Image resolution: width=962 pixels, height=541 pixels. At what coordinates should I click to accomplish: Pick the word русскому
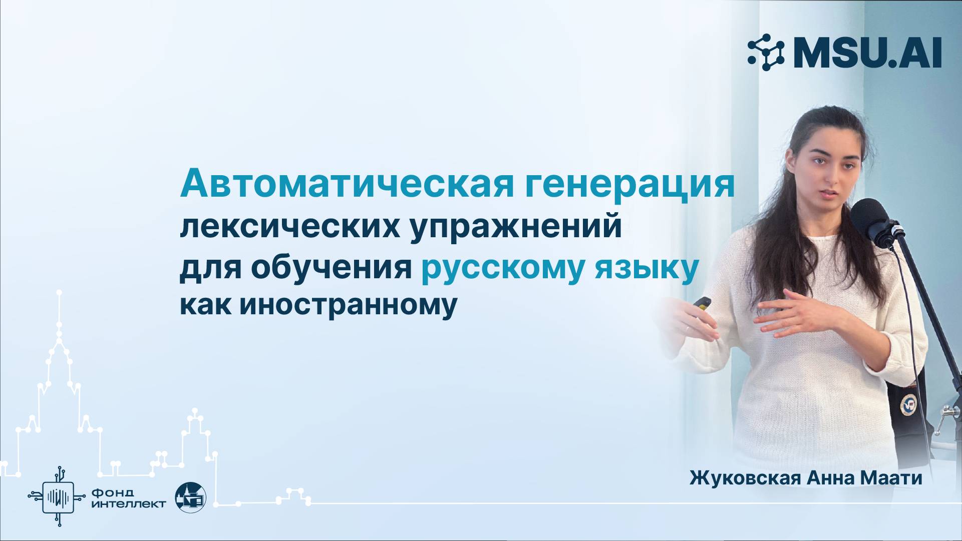click(502, 269)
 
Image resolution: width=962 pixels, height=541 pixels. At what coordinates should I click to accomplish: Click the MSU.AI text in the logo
click(867, 53)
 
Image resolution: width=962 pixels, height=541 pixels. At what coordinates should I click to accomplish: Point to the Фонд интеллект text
click(129, 497)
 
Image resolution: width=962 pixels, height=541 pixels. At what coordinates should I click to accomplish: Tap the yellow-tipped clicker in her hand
click(703, 302)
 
